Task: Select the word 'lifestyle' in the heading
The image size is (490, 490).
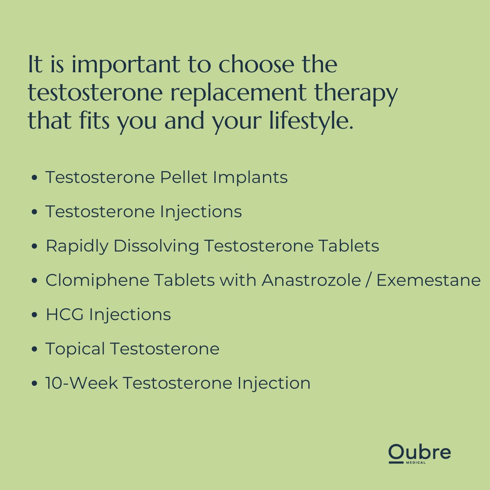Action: pyautogui.click(x=310, y=122)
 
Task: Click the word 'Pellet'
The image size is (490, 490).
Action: pyautogui.click(x=184, y=178)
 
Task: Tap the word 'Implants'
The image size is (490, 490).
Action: pyautogui.click(x=250, y=178)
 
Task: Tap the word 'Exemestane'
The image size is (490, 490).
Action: pyautogui.click(x=428, y=281)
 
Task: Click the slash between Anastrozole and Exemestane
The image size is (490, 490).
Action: pyautogui.click(x=369, y=281)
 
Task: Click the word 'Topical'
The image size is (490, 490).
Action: pyautogui.click(x=75, y=349)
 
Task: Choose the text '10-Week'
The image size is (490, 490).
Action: pyautogui.click(x=82, y=383)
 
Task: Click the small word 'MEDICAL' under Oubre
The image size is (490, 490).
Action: pyautogui.click(x=416, y=463)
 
